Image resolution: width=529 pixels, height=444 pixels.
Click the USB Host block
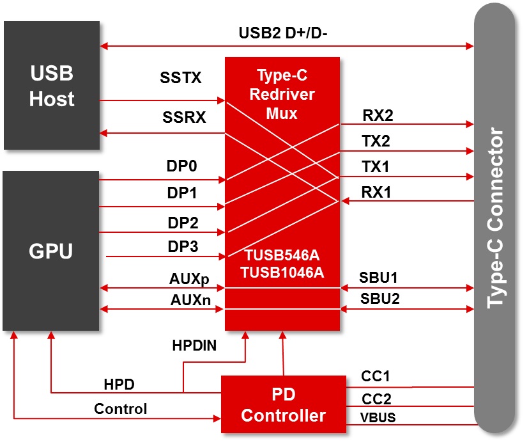tap(52, 86)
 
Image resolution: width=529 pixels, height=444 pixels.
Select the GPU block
tap(51, 251)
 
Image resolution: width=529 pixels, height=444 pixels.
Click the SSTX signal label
tap(181, 79)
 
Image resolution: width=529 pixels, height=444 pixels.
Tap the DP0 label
tap(183, 166)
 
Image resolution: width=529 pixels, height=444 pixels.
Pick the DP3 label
tap(183, 246)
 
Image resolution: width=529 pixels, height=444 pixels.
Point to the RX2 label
tap(378, 116)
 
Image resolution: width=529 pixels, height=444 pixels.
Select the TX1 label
tap(376, 167)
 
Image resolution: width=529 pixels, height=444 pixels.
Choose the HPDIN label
tap(194, 346)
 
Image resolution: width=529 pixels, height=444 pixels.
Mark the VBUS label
tap(378, 418)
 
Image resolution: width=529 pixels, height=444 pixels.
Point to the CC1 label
tap(376, 377)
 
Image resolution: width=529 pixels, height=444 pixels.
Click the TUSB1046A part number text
tap(282, 272)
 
